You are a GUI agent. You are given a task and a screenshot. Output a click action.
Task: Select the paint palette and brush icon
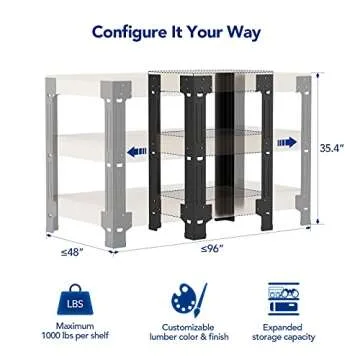pyautogui.click(x=180, y=299)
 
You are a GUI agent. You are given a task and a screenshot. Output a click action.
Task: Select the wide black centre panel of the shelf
pyautogui.click(x=222, y=150)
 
